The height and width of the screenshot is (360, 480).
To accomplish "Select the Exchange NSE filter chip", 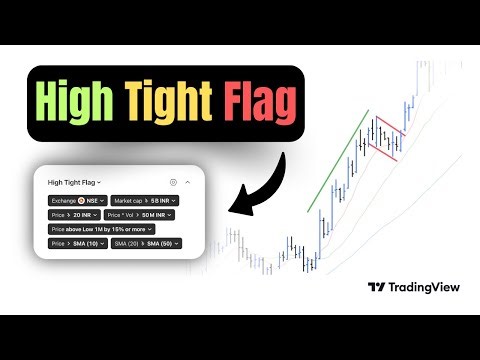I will tap(78, 201).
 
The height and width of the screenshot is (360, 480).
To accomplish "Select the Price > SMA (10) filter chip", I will tap(77, 243).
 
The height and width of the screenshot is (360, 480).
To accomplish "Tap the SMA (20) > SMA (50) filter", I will tap(145, 243).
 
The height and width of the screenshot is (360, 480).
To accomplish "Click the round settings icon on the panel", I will tap(172, 183).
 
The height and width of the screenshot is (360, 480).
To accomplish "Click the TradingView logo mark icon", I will tap(376, 287).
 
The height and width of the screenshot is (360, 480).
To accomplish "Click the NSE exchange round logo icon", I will tap(80, 201).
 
